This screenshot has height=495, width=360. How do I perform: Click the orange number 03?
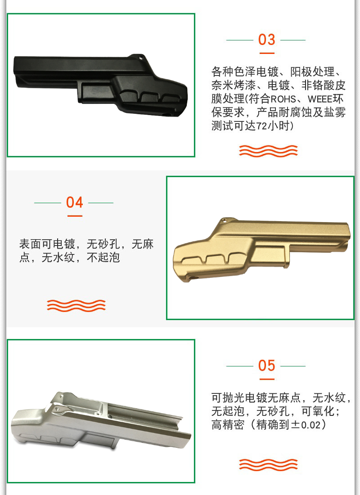point(266,40)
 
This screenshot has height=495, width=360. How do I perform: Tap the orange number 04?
point(75,202)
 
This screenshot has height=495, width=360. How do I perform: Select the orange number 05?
point(266,366)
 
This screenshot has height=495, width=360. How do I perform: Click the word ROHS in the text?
point(283,99)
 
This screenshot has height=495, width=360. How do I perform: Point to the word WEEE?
point(319,99)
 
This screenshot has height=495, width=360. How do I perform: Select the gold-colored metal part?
point(262,248)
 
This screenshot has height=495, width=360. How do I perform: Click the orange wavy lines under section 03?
point(268,151)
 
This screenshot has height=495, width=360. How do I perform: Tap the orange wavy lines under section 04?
point(76,306)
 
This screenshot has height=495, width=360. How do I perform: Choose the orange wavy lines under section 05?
point(268,465)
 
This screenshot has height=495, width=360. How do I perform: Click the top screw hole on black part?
point(141,58)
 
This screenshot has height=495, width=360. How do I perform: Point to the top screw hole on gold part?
point(224,220)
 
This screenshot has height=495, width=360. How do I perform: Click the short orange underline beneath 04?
point(75,216)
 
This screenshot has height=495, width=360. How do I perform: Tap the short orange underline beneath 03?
point(267,53)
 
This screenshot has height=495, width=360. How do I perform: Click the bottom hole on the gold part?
point(193,278)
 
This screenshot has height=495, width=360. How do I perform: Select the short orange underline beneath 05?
point(267,379)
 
